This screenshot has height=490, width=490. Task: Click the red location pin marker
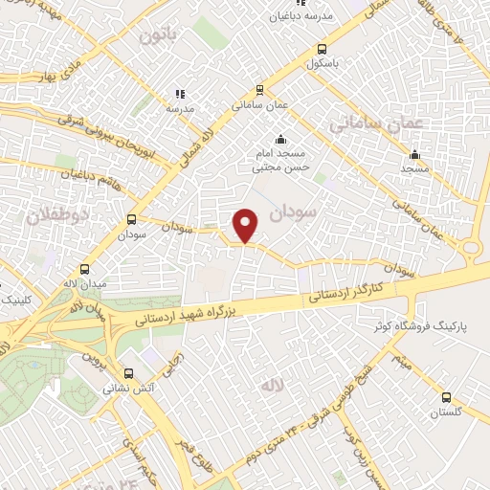click(247, 225)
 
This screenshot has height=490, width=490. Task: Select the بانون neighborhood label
click(158, 37)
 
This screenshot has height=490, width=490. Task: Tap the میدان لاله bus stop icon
click(86, 270)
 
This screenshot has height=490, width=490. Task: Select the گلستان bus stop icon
click(446, 397)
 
